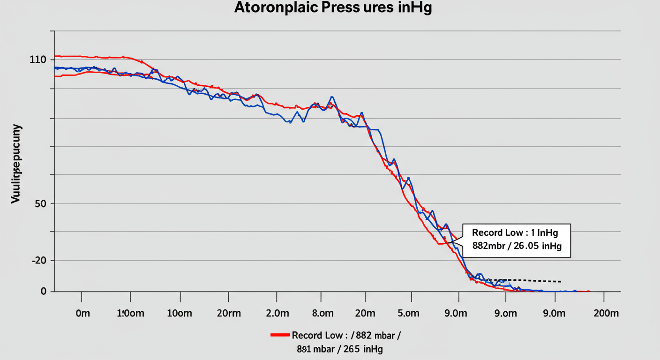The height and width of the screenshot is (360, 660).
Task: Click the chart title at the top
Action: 333,8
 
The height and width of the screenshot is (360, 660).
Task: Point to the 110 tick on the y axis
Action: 37,60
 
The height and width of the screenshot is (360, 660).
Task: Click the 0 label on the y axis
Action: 44,291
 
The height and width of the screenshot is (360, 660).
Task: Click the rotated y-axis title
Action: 16,164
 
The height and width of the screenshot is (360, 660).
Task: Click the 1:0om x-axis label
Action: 130,314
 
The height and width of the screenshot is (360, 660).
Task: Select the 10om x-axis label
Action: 179,314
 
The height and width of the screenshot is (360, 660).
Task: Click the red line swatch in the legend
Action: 280,335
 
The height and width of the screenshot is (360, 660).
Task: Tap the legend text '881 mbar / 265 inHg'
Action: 339,349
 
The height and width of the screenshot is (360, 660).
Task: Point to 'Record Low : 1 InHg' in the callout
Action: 515,232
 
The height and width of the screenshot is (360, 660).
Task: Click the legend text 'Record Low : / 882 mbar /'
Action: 346,335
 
